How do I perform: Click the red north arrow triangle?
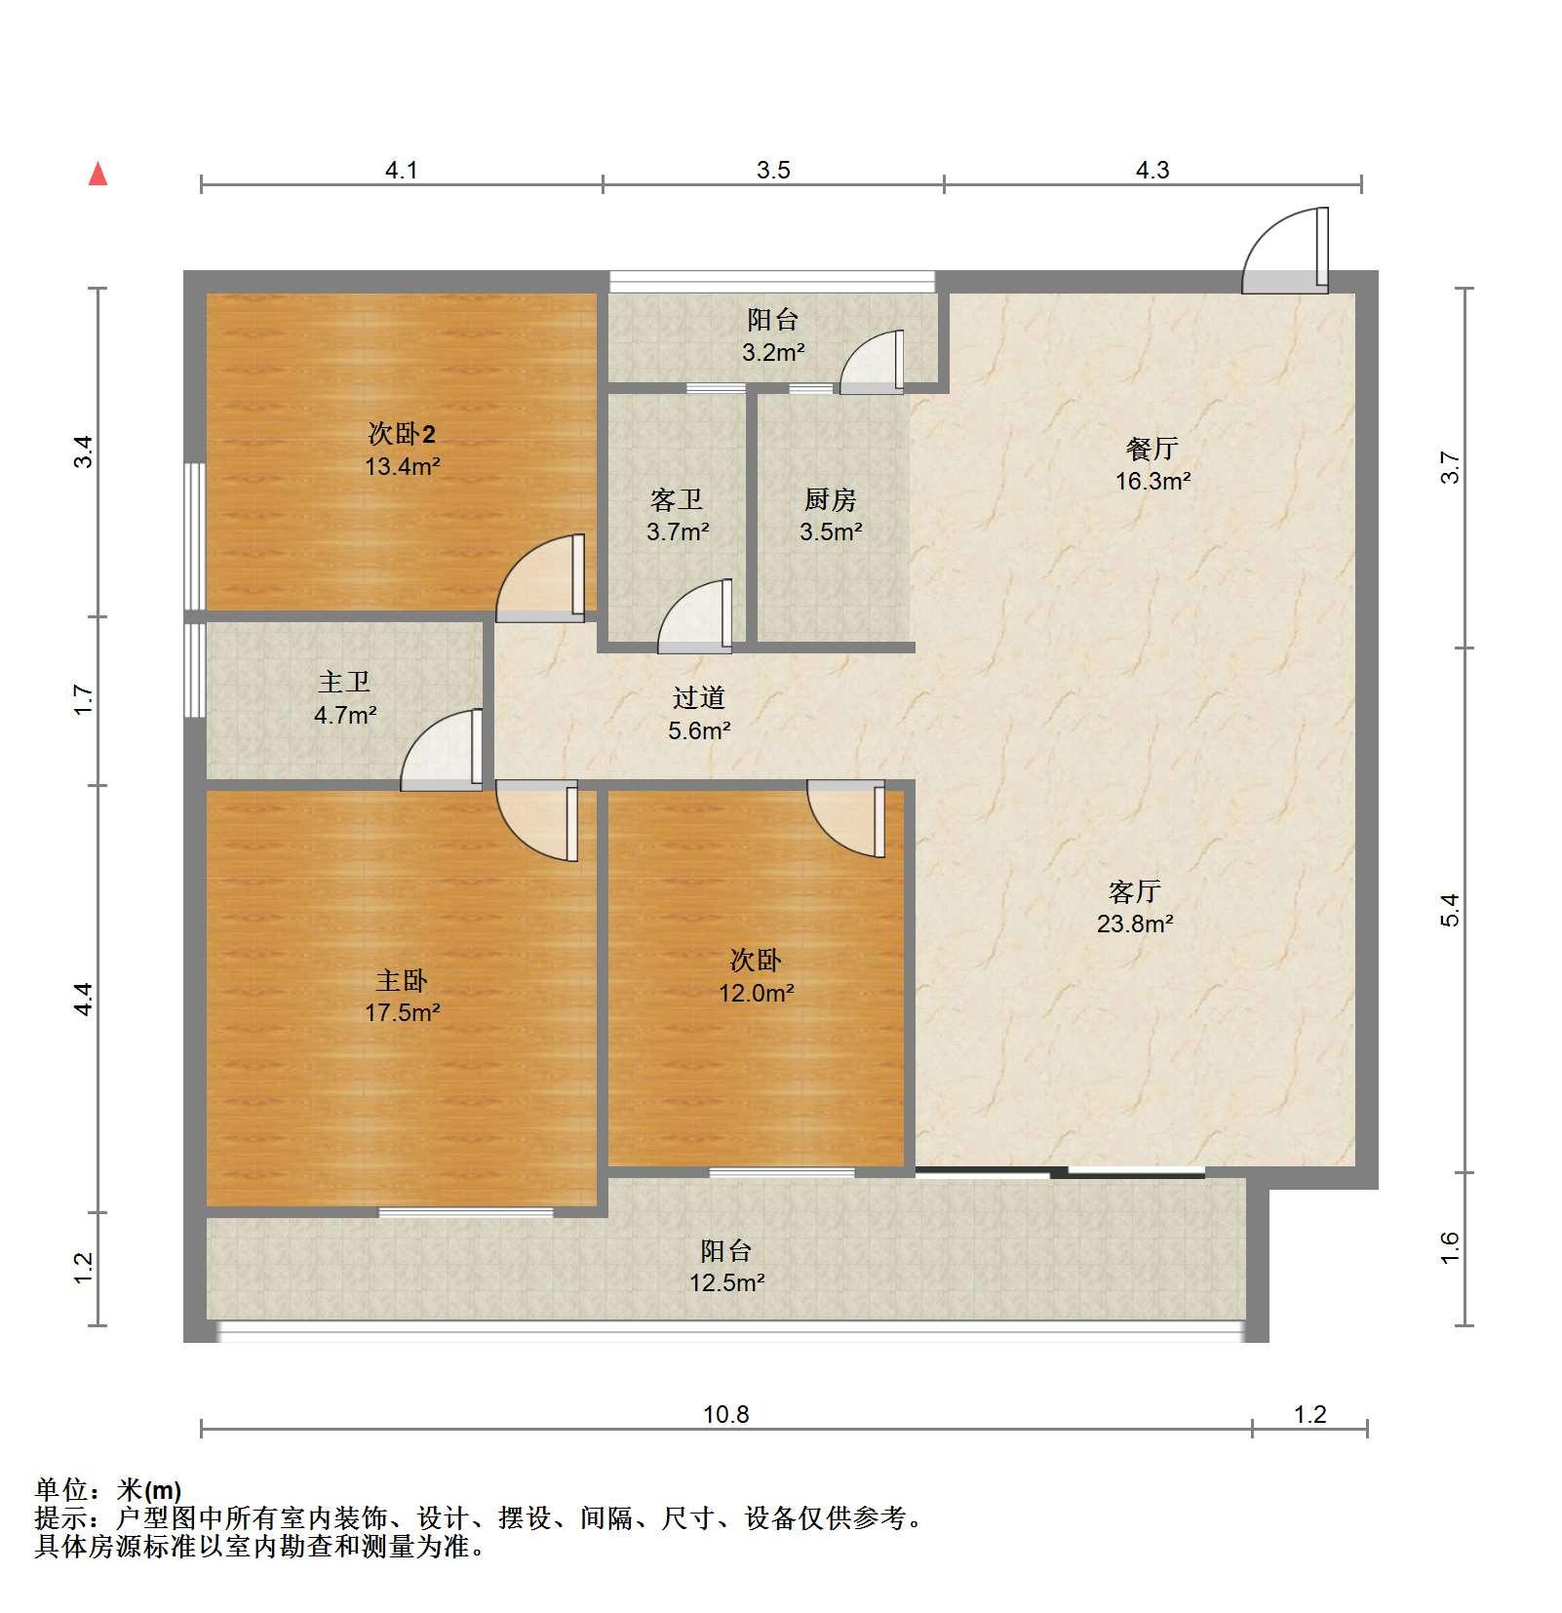(98, 174)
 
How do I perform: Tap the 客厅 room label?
(1135, 891)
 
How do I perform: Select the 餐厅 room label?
(1152, 449)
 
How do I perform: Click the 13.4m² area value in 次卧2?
(403, 466)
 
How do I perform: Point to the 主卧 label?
(402, 980)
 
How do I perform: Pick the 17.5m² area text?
(403, 1012)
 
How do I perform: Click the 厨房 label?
(831, 499)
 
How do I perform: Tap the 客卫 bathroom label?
(677, 499)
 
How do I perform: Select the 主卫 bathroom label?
(344, 682)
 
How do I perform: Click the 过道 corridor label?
(699, 697)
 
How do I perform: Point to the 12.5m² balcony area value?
(726, 1282)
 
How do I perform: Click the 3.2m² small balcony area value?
(773, 352)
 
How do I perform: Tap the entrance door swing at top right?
(1285, 252)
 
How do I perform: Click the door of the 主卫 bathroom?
(442, 749)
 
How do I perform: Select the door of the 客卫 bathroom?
(695, 616)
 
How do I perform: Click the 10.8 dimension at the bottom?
(726, 1414)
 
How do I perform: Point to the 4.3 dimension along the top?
(1152, 171)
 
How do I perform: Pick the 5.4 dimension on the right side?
(1450, 910)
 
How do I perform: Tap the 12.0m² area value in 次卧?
(756, 993)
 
